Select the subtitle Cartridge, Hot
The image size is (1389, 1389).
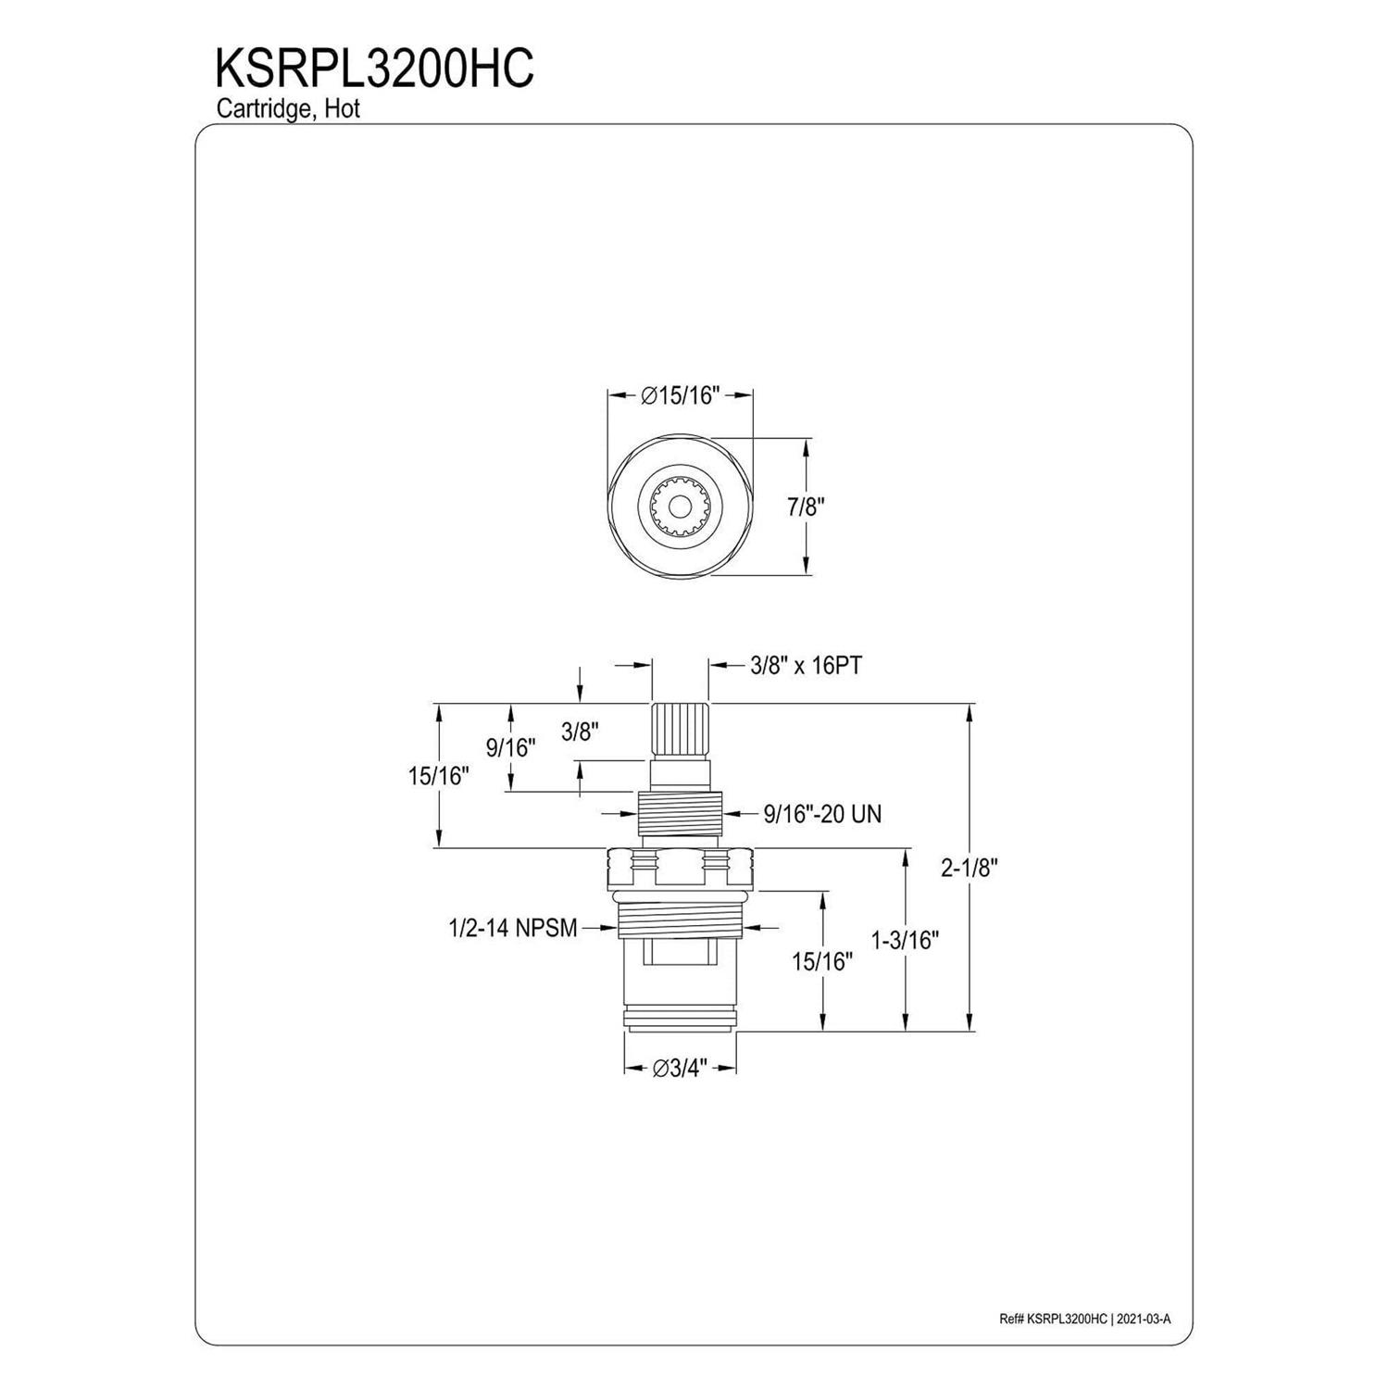(x=288, y=108)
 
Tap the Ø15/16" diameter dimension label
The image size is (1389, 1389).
(x=680, y=395)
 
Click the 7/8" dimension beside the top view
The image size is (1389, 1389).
(x=805, y=507)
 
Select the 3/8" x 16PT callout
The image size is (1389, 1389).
(x=806, y=665)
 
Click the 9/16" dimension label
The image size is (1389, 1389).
(x=511, y=747)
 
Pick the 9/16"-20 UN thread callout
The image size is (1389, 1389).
(x=822, y=814)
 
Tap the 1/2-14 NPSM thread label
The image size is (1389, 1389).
(x=512, y=928)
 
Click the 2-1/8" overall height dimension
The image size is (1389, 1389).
(x=970, y=868)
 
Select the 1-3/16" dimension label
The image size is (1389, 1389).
(x=905, y=941)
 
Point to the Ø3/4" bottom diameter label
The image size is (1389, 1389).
(x=680, y=1068)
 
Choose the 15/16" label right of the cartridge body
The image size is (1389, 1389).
(x=821, y=961)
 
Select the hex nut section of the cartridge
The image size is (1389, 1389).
(x=681, y=868)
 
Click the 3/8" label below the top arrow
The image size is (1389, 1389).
(x=580, y=732)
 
